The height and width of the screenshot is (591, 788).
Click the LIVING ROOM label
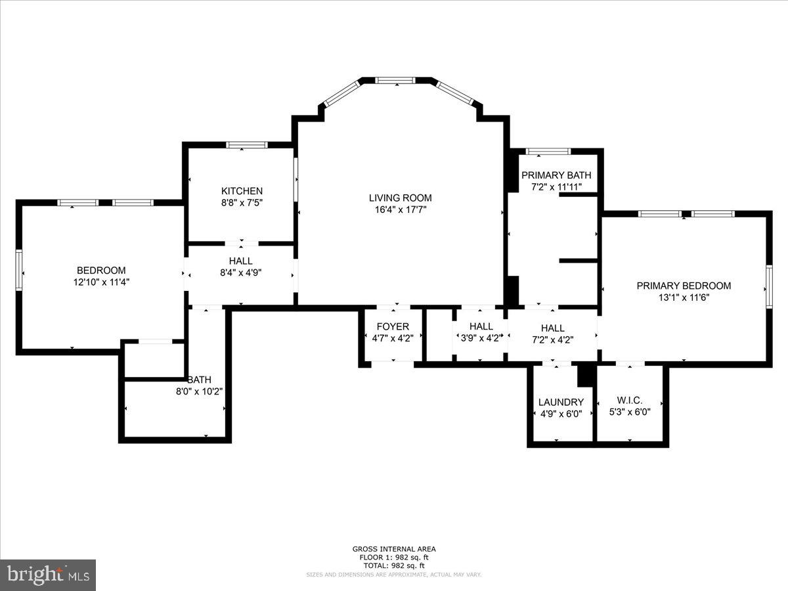[400, 198]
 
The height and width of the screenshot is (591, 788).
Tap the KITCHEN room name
[242, 191]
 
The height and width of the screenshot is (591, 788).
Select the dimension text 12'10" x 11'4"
[101, 282]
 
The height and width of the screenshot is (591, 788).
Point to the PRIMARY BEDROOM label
[684, 286]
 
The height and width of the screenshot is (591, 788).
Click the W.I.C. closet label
[629, 401]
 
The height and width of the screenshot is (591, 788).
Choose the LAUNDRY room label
[561, 402]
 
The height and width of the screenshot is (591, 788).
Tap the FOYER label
[393, 326]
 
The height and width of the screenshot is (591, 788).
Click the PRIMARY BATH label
[556, 175]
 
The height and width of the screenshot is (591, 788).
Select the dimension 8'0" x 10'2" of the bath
[199, 391]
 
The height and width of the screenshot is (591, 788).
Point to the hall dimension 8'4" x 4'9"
[240, 273]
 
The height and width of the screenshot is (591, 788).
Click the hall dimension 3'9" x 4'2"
[481, 338]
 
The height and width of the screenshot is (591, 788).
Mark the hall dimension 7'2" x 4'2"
[552, 340]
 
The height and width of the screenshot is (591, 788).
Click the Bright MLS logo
[48, 575]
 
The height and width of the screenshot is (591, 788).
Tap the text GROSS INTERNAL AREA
[394, 549]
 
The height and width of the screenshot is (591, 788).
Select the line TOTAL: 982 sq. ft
[394, 565]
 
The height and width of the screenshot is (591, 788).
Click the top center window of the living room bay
[395, 80]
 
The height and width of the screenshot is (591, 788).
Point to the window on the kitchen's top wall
[247, 144]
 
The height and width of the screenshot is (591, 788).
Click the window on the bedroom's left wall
[19, 270]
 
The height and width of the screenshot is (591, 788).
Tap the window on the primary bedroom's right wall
[768, 286]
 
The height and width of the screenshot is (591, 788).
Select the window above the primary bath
[548, 152]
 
